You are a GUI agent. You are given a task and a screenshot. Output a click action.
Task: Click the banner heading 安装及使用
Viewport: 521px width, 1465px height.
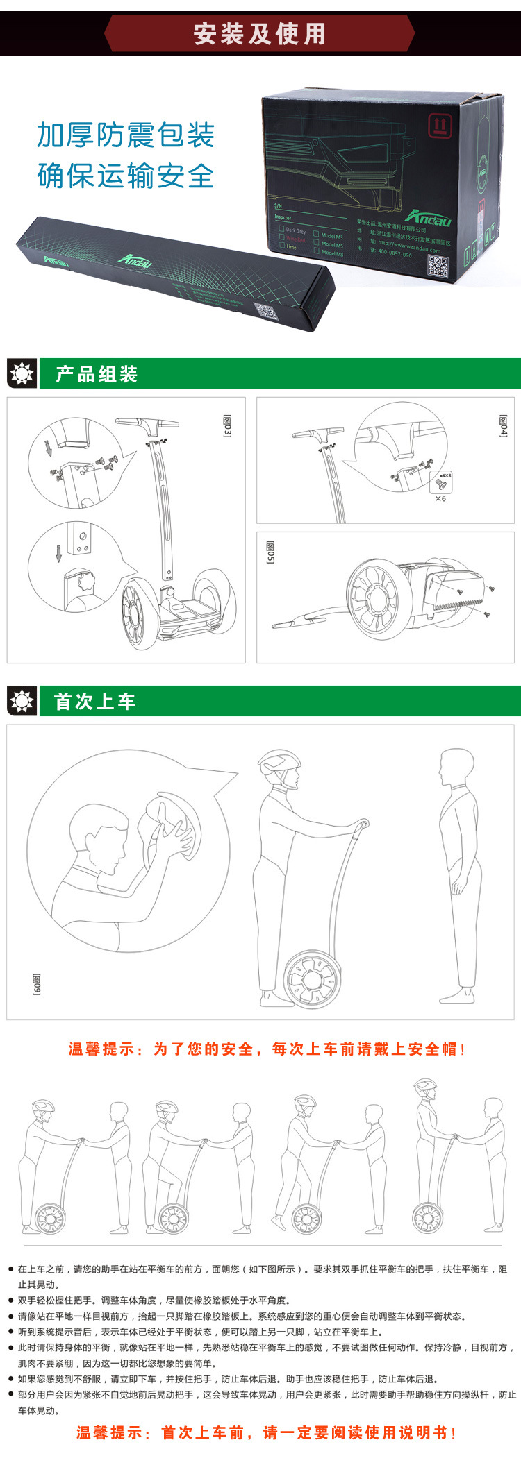point(259,33)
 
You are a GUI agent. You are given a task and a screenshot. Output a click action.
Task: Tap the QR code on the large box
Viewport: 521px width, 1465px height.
point(437,266)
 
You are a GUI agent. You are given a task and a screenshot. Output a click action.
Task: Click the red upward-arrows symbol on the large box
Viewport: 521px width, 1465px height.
point(438,126)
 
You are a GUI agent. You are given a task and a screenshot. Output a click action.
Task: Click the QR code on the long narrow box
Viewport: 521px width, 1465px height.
point(265,312)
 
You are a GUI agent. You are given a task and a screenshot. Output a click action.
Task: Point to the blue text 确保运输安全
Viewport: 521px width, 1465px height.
point(126,176)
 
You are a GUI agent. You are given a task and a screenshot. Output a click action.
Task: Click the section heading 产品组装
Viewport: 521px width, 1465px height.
point(97,375)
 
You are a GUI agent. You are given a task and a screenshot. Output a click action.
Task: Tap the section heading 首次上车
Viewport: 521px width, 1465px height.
point(94,702)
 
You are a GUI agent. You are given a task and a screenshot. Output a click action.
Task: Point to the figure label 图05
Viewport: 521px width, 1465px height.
point(270,552)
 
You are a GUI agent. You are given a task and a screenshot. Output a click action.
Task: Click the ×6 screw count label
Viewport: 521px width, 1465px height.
point(440,498)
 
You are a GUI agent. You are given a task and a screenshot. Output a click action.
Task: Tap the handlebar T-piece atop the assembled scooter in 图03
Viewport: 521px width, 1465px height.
point(147,423)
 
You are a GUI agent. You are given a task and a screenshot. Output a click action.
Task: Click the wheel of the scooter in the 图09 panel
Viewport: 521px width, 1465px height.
point(312,979)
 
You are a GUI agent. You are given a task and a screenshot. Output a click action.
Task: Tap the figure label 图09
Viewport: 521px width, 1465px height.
point(36,984)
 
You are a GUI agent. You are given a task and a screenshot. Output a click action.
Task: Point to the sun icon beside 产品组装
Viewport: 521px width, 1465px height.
point(22,374)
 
